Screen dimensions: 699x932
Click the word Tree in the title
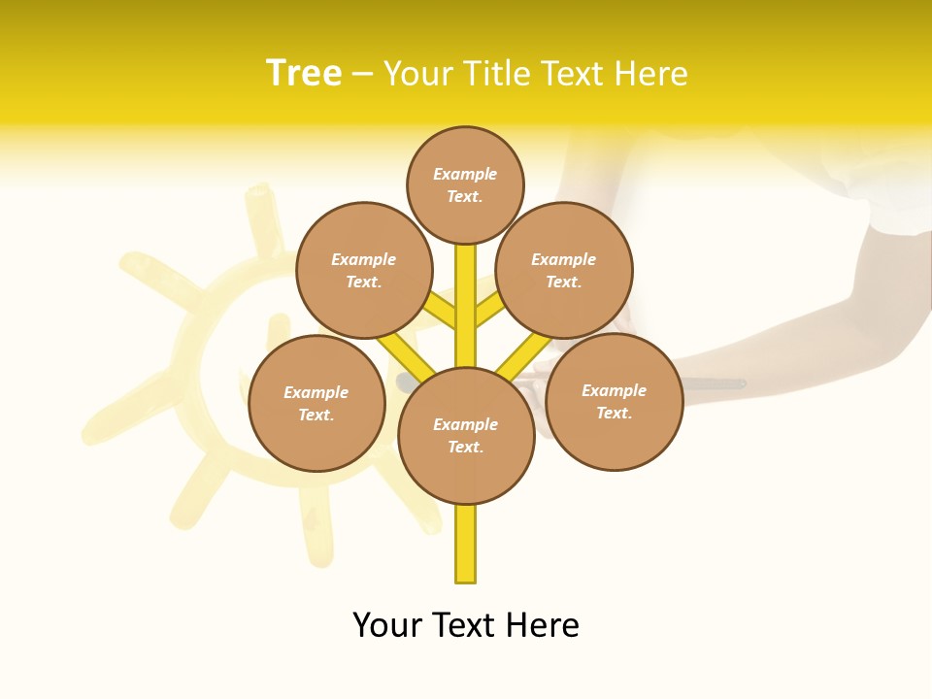pos(304,74)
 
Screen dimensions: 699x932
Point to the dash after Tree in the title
pos(362,76)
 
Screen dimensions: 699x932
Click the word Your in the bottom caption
pos(387,625)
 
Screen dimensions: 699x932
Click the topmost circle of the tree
pos(465,184)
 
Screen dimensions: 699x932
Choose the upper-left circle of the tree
pos(364,270)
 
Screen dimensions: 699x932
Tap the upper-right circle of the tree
pos(564,270)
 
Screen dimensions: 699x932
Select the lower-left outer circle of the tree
pos(316,403)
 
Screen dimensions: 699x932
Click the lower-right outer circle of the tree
pos(614,401)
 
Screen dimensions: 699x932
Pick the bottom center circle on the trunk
pos(466,436)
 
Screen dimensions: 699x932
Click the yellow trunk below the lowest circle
pos(466,544)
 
